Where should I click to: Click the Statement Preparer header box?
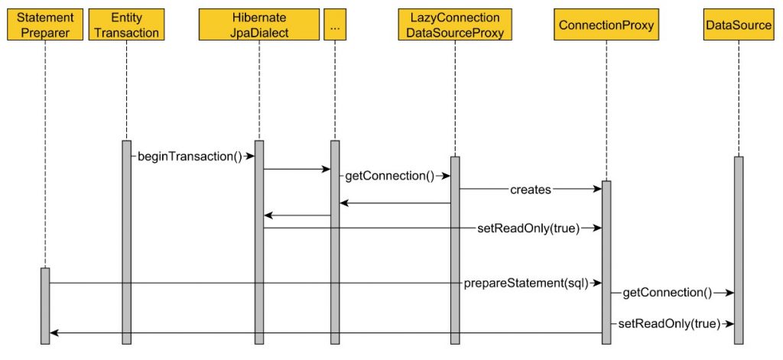[x=45, y=25]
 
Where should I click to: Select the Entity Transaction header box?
[x=127, y=25]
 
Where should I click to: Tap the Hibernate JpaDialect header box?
[x=258, y=25]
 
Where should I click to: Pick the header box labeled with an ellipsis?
[x=334, y=25]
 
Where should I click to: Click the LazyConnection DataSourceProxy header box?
[x=454, y=25]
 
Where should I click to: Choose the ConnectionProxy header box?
[x=606, y=25]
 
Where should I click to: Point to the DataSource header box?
[x=739, y=25]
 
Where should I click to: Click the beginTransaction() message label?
[x=190, y=157]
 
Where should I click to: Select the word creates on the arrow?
[x=531, y=190]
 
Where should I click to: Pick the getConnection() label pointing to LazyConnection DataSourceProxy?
[x=389, y=176]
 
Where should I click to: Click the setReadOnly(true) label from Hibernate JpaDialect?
[x=528, y=228]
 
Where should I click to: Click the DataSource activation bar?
[x=739, y=248]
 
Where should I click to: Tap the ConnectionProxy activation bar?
[x=606, y=260]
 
